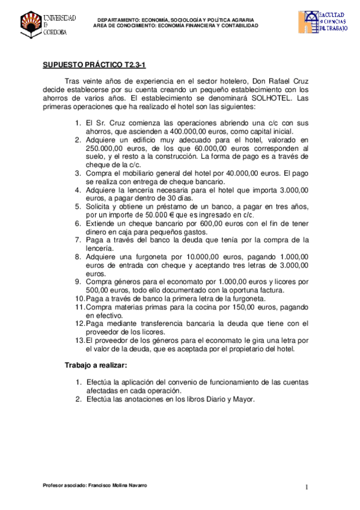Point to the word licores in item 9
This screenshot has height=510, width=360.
click(287, 281)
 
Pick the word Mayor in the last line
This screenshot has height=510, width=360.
click(243, 399)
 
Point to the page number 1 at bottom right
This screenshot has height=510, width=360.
click(307, 487)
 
